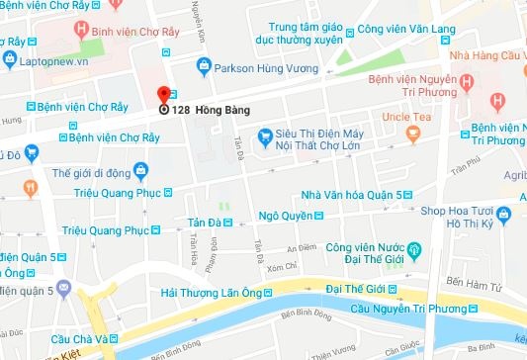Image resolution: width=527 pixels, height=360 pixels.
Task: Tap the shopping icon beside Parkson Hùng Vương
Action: point(204,67)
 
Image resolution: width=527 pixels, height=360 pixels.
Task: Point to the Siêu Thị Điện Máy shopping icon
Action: point(263,141)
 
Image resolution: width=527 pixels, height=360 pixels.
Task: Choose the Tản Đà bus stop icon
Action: point(227,222)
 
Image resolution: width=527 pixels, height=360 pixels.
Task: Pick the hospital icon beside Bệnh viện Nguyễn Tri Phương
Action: point(500,100)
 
